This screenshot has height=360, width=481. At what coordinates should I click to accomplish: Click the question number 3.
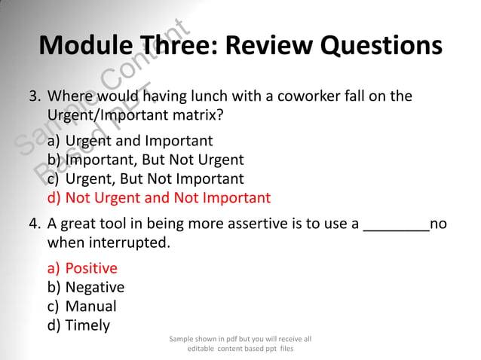pyautogui.click(x=34, y=97)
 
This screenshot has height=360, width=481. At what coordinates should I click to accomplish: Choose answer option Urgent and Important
pyautogui.click(x=139, y=141)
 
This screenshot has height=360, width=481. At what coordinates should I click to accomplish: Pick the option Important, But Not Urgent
pyautogui.click(x=155, y=160)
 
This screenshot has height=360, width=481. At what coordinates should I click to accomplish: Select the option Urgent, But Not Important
pyautogui.click(x=155, y=179)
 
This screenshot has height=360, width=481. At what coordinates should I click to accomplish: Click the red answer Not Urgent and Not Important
pyautogui.click(x=167, y=199)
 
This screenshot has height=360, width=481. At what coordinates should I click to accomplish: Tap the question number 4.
pyautogui.click(x=34, y=224)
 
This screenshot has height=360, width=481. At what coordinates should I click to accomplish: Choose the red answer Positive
pyautogui.click(x=91, y=268)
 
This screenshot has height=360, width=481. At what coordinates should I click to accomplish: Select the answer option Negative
pyautogui.click(x=95, y=288)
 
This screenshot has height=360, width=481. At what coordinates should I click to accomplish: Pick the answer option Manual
pyautogui.click(x=91, y=307)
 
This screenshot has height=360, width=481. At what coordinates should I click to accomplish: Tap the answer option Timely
pyautogui.click(x=87, y=326)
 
